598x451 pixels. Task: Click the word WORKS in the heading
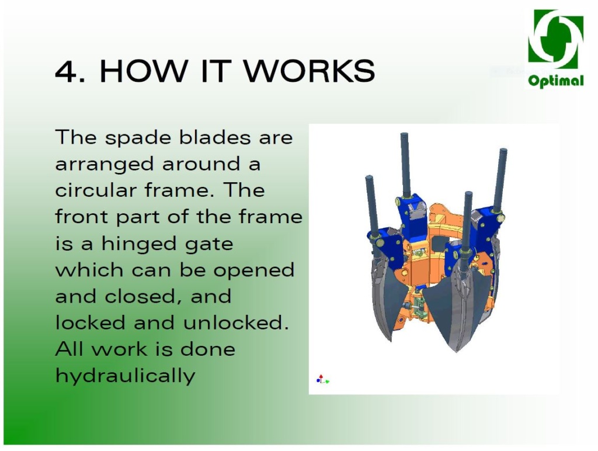coord(310,71)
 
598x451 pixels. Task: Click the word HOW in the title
coord(144,71)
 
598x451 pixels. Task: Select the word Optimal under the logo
coord(556,81)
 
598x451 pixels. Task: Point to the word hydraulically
coord(125,376)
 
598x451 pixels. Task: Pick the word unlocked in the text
coord(235,323)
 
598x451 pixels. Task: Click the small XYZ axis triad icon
coord(322,379)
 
